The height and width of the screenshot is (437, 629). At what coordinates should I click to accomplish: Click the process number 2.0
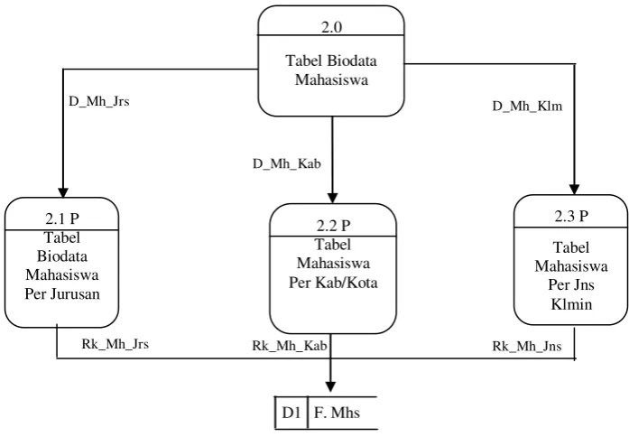click(331, 27)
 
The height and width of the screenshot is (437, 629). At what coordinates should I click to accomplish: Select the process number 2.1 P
click(62, 218)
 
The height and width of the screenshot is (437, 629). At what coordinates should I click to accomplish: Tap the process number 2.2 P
click(333, 226)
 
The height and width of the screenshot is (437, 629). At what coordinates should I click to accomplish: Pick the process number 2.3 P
click(571, 217)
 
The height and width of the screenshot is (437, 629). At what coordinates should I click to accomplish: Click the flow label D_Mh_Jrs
click(99, 101)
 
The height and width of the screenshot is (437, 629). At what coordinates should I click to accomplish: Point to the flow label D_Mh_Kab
click(287, 163)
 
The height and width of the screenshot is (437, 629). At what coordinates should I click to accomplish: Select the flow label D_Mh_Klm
click(527, 107)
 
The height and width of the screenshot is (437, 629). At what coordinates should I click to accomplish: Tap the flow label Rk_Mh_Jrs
click(116, 344)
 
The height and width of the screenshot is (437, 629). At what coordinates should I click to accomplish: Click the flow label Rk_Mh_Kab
click(289, 346)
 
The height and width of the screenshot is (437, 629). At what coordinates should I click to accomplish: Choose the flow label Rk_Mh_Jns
click(527, 346)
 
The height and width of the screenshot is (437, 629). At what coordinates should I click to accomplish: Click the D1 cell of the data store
click(291, 413)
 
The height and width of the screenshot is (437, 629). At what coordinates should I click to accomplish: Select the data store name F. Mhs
click(337, 413)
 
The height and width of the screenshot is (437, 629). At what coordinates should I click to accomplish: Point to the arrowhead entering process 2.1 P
click(63, 193)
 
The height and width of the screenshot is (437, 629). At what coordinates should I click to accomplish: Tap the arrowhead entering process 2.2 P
click(332, 199)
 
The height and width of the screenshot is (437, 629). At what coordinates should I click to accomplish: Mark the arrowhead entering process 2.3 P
click(575, 190)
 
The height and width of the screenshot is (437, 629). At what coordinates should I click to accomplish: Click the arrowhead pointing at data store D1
click(330, 386)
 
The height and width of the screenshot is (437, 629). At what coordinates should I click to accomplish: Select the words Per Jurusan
click(62, 294)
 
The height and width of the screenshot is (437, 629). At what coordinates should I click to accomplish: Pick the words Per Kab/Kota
click(333, 283)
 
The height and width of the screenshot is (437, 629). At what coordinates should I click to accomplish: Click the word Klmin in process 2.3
click(571, 304)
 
